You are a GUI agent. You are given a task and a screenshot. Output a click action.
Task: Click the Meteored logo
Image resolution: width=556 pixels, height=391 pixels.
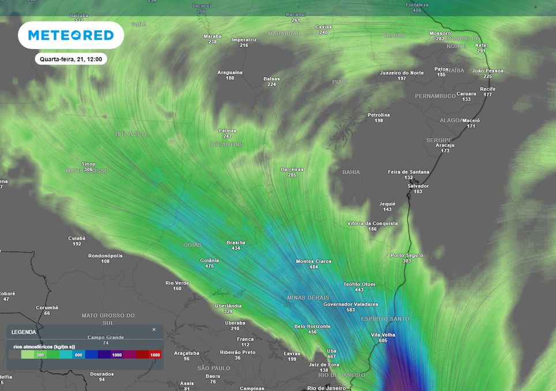coord(71,35)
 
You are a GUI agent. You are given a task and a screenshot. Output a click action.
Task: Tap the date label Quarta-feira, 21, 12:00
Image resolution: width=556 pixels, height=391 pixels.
coord(71,59)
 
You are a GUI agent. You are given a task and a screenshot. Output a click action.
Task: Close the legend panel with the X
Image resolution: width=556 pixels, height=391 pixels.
coord(154,330)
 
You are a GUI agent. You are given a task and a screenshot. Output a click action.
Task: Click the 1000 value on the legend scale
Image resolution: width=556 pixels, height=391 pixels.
coord(117,355)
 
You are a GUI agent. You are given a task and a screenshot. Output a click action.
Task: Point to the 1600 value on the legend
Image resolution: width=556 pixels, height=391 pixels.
coord(154,355)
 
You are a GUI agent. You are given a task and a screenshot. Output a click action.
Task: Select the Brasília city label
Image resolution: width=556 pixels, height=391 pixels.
coord(236,242)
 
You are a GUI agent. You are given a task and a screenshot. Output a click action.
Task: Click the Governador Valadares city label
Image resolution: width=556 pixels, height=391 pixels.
coord(351,304)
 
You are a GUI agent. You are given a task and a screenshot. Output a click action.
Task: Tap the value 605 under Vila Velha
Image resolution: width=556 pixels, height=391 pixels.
coord(383,341)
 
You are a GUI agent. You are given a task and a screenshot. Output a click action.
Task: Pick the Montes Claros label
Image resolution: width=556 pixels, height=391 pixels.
coord(313,261)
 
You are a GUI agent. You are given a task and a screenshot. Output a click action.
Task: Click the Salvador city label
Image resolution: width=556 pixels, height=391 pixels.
coord(418,186)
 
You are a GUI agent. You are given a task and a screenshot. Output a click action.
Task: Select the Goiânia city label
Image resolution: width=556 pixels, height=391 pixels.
coord(209,260)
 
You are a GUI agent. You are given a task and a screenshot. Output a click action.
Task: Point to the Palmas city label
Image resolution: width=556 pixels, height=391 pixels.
coord(227,130)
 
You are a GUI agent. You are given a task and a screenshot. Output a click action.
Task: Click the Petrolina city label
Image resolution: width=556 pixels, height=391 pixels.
coord(379,115)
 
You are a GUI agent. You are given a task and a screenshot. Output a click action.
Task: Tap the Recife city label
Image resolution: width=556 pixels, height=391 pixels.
coord(487,89)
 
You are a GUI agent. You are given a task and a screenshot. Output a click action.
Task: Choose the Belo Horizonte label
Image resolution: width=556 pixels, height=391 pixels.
coord(313,326)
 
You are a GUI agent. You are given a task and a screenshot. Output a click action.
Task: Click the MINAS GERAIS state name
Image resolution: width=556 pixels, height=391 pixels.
coord(307,297)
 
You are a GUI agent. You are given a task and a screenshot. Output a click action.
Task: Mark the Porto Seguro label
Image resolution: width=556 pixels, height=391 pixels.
coord(407,255)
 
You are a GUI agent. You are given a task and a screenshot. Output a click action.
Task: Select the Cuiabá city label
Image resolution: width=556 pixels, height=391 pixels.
coord(77,238)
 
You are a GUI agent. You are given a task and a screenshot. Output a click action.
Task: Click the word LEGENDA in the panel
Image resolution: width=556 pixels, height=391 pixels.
coord(24,332)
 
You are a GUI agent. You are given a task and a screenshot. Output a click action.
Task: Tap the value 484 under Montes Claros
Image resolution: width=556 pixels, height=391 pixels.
coord(313,268)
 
